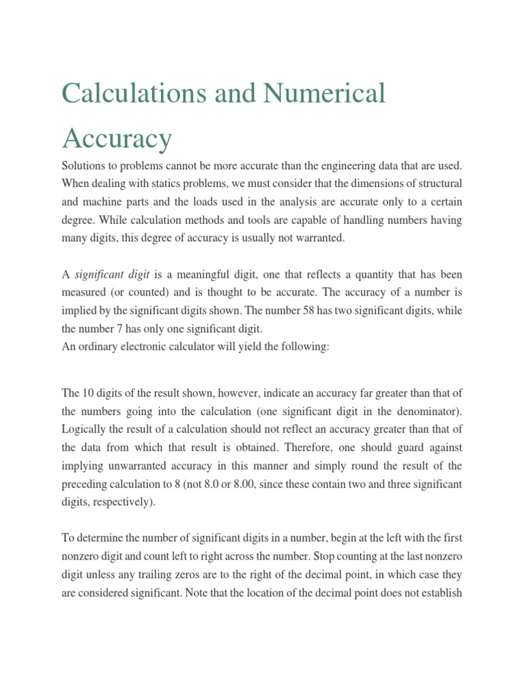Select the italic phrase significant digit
[x=113, y=274]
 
